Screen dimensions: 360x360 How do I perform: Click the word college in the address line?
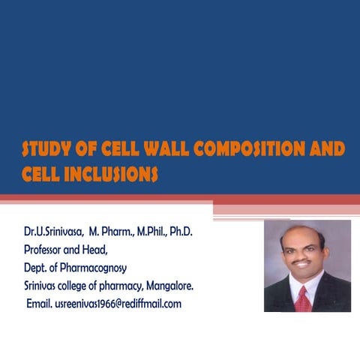pos(74,286)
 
